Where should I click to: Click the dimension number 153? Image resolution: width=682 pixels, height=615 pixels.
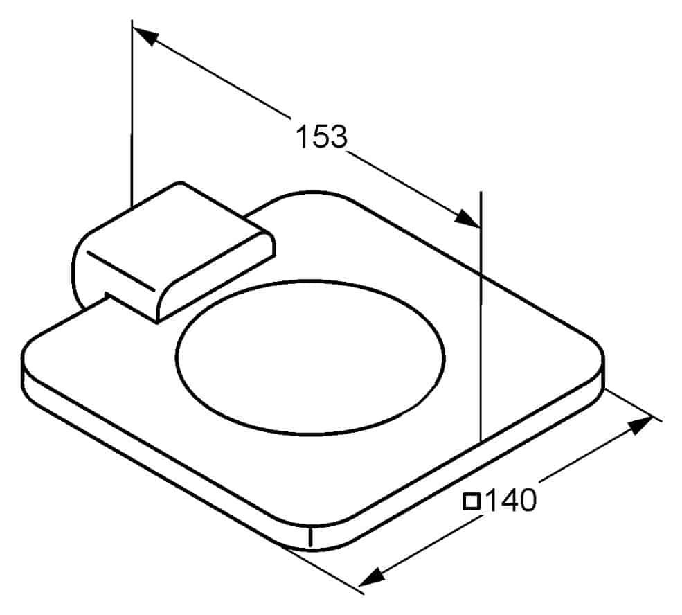tap(322, 136)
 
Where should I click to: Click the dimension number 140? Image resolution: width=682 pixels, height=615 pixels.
tap(510, 500)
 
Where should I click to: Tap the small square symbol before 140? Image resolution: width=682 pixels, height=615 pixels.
tap(472, 501)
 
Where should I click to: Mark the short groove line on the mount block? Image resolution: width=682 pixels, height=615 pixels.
tap(120, 271)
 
